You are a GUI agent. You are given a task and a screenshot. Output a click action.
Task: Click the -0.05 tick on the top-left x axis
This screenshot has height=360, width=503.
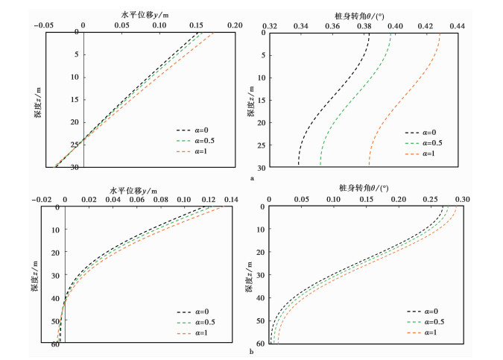[x=46, y=24]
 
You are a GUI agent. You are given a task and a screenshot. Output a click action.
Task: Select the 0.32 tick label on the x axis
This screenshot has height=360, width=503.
[x=270, y=24]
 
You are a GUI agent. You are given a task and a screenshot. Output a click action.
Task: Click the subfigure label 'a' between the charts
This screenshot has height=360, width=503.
[x=253, y=178]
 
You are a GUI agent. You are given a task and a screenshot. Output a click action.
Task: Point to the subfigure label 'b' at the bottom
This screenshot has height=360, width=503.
[x=253, y=350]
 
